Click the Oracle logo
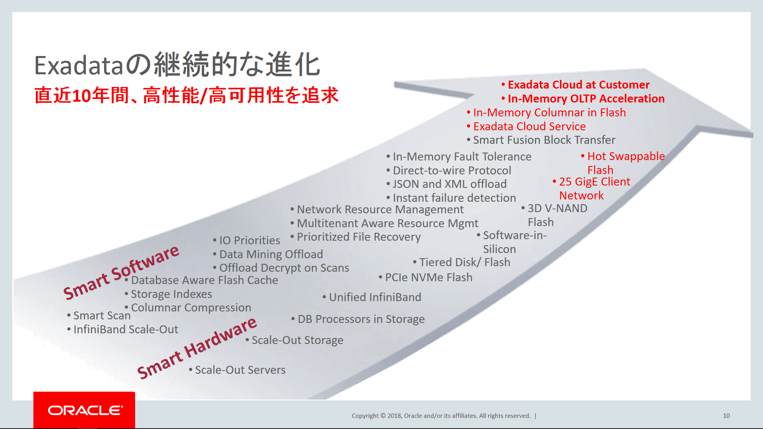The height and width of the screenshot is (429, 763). click(85, 410)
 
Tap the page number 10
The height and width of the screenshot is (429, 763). click(726, 415)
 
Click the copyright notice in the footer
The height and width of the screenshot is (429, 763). click(441, 415)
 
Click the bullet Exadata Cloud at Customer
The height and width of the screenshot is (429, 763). click(578, 85)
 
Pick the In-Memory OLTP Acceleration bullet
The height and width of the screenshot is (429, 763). click(586, 99)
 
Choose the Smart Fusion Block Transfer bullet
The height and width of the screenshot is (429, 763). click(544, 140)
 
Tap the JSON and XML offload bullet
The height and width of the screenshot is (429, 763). click(449, 184)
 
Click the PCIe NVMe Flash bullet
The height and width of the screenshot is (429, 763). click(428, 277)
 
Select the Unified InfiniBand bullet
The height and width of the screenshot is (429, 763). click(375, 297)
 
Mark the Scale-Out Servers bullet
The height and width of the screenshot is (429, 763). click(240, 370)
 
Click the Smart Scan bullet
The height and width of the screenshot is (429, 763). click(102, 315)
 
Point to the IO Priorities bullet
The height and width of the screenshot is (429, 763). click(249, 240)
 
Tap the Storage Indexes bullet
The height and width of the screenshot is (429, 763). click(171, 294)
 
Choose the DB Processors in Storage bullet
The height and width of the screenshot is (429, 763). click(361, 319)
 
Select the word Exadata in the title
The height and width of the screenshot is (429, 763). click(79, 65)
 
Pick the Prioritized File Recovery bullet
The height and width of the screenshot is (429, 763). click(358, 237)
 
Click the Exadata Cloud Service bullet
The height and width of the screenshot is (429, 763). click(529, 126)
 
